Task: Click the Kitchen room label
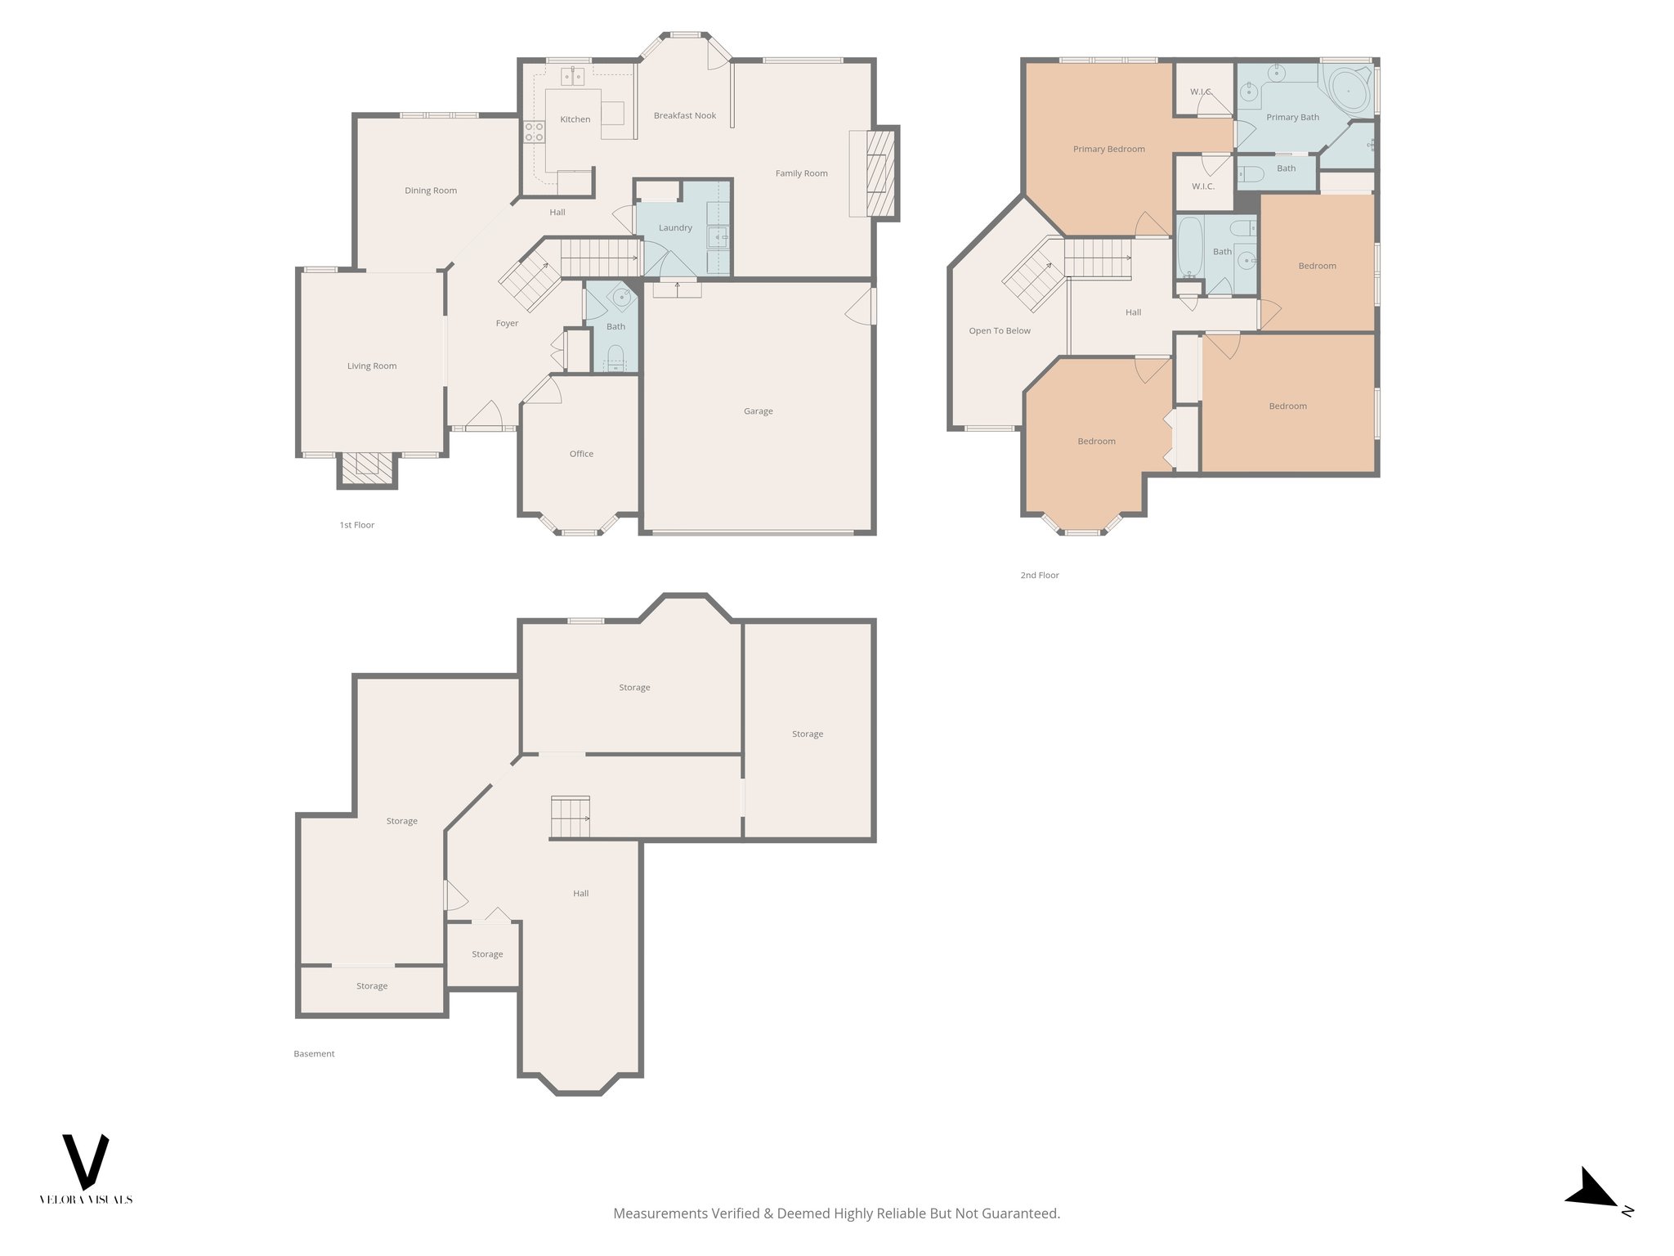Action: pos(575,119)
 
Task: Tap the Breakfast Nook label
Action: pos(684,116)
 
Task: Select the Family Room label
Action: pos(801,173)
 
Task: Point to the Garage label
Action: pos(758,411)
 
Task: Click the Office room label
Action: pos(581,454)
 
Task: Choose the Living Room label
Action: pos(371,366)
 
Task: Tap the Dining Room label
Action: pos(431,191)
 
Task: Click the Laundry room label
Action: pos(675,228)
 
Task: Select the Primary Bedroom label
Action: pos(1108,150)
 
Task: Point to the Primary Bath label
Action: pos(1292,118)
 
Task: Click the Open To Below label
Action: pos(999,331)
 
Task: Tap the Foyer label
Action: pos(507,324)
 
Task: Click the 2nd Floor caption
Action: pos(1039,576)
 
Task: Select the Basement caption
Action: pos(314,1054)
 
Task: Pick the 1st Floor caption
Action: pos(356,525)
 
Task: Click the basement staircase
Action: pos(570,817)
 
